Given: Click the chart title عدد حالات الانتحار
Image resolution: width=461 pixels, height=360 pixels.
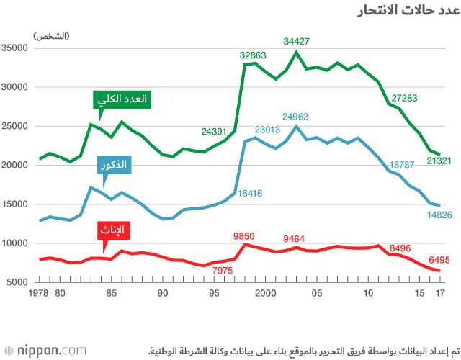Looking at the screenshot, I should [408, 12].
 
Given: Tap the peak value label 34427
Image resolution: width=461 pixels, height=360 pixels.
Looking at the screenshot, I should [296, 42].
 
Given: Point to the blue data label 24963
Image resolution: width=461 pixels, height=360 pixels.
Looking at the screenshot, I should [296, 116].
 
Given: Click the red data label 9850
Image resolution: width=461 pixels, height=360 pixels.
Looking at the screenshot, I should [246, 236].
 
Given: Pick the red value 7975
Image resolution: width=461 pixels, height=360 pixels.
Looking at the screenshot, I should [223, 271].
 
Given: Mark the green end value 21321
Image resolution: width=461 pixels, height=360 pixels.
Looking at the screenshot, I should [439, 161].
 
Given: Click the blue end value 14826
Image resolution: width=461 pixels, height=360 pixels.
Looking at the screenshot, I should [439, 215].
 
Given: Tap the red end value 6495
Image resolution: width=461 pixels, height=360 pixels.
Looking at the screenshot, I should [439, 260].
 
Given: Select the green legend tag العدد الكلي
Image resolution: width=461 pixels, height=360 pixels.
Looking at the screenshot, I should [122, 99].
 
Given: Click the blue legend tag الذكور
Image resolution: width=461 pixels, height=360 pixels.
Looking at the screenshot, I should [115, 165].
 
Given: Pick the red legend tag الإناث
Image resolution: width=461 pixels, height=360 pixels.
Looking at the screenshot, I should [110, 230].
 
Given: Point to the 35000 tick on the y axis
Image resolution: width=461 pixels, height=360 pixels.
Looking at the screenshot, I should [14, 48].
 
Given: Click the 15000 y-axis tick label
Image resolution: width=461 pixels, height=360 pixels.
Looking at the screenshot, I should [14, 204].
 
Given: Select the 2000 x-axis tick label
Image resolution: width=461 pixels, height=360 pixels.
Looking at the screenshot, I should [266, 293].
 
